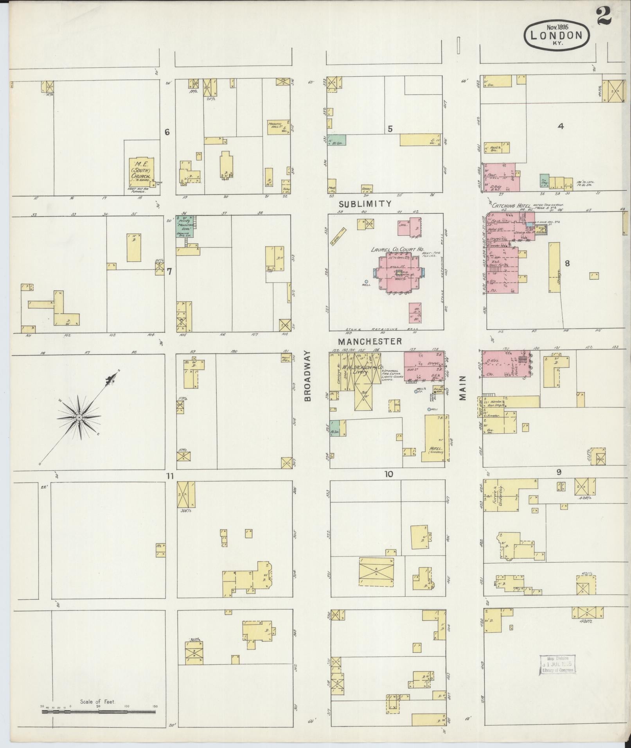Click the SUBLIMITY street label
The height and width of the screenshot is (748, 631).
click(x=365, y=204)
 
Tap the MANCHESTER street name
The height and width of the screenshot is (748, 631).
click(x=370, y=341)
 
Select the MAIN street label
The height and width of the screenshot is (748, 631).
click(x=463, y=388)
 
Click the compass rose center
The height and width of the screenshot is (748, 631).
click(x=79, y=418)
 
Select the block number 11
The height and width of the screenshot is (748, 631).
click(x=169, y=476)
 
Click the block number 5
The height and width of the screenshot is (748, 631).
click(x=390, y=129)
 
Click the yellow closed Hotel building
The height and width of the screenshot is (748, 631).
click(x=434, y=438)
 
